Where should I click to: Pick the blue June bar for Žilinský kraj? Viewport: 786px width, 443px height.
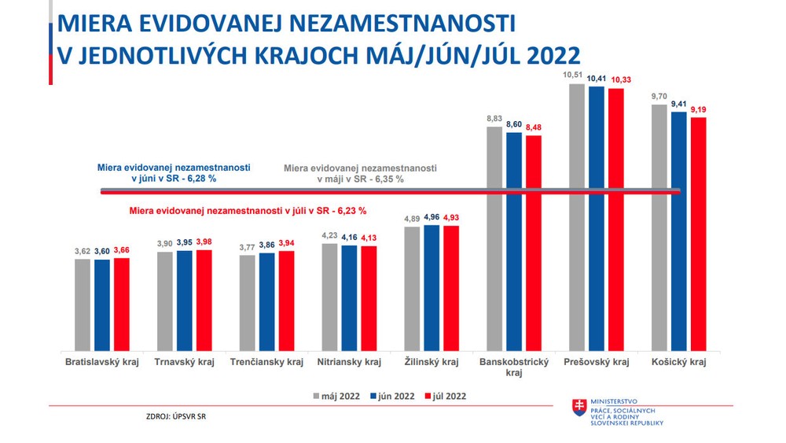(x=432, y=287)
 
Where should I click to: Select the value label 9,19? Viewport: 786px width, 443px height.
(x=699, y=110)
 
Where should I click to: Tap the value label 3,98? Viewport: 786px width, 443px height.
(x=204, y=242)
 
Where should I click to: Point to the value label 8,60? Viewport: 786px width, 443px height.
(x=515, y=124)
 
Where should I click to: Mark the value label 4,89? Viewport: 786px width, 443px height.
(x=412, y=219)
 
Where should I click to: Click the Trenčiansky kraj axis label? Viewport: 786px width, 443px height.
(x=266, y=363)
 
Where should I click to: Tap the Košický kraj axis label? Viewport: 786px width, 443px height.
(x=679, y=363)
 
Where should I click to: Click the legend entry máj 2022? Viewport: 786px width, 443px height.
(x=336, y=397)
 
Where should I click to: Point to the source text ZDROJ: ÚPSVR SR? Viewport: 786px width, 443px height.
(x=175, y=415)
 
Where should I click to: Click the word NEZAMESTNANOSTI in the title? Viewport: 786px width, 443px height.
(x=381, y=24)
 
